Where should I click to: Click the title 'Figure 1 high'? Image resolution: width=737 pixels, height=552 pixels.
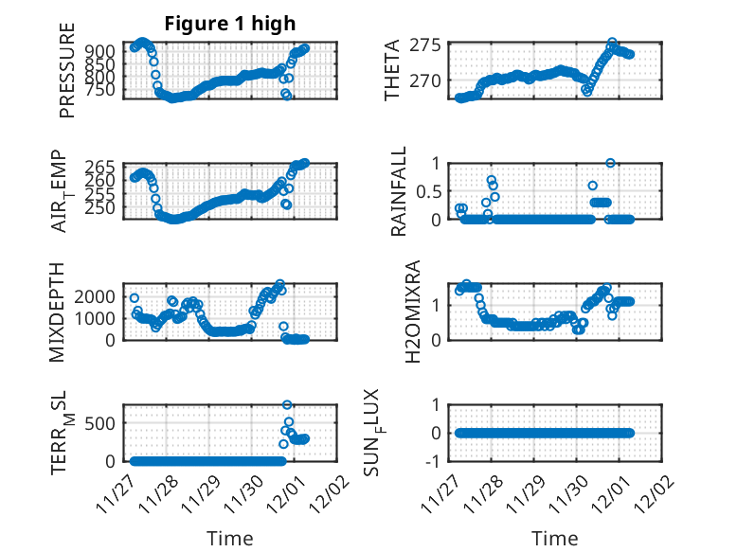click(230, 24)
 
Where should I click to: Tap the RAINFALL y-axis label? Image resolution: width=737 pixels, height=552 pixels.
click(399, 190)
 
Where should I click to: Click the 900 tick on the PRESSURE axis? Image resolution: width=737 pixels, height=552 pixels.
click(105, 50)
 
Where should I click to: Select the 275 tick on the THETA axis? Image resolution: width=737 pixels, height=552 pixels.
click(427, 45)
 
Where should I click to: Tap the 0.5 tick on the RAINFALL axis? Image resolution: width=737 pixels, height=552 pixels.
click(424, 191)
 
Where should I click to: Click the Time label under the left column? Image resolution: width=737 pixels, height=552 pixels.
click(230, 539)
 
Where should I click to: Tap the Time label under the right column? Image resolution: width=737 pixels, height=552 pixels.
click(555, 539)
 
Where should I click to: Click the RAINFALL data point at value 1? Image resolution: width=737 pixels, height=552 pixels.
click(611, 163)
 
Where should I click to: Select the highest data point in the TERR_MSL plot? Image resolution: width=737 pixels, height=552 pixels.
click(287, 405)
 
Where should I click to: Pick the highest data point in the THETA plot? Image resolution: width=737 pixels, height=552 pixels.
click(612, 43)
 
